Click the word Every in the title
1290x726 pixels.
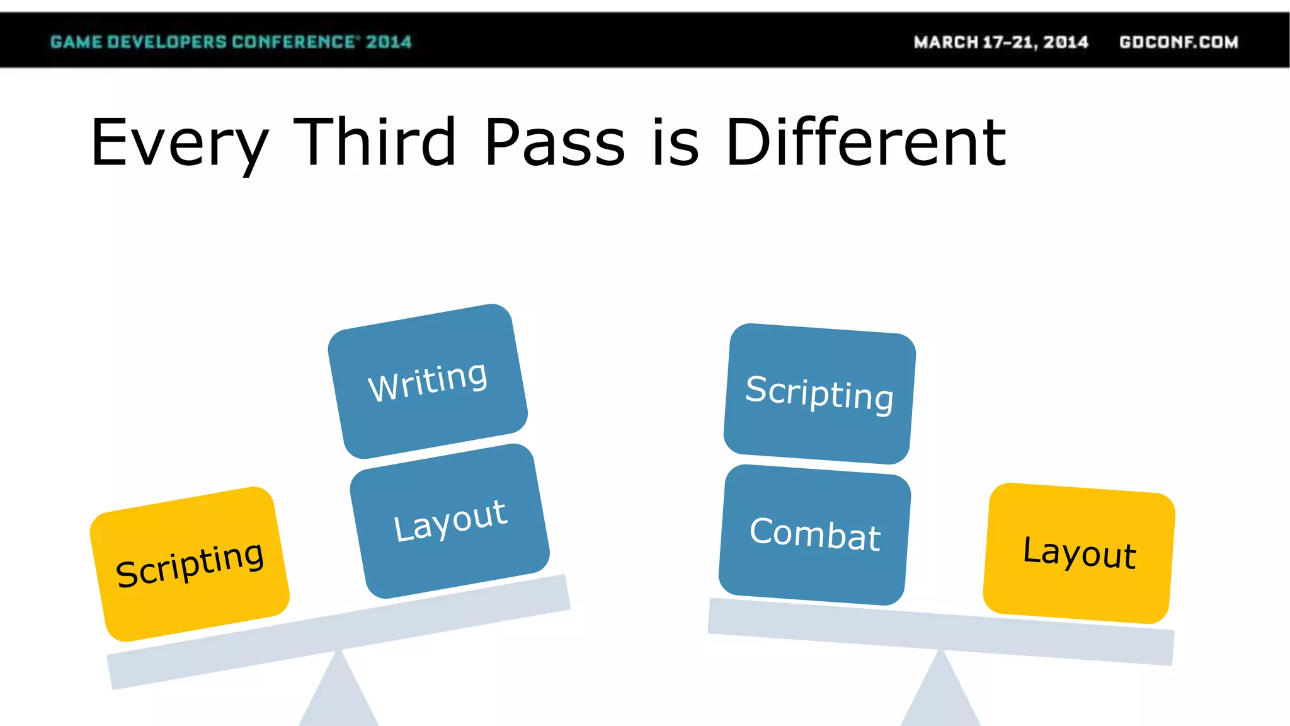180,143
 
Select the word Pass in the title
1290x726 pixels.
554,143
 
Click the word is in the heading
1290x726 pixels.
675,143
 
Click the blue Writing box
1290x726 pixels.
428,381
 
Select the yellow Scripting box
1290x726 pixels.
190,564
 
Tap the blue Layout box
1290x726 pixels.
450,521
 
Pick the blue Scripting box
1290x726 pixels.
819,393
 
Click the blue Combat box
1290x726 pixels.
814,534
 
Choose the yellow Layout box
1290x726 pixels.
1079,553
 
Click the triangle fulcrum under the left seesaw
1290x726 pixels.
339,696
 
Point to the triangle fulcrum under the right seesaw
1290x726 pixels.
940,696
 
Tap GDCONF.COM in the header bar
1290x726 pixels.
1179,42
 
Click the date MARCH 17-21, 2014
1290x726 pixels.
1001,42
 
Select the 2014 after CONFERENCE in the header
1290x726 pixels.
389,42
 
